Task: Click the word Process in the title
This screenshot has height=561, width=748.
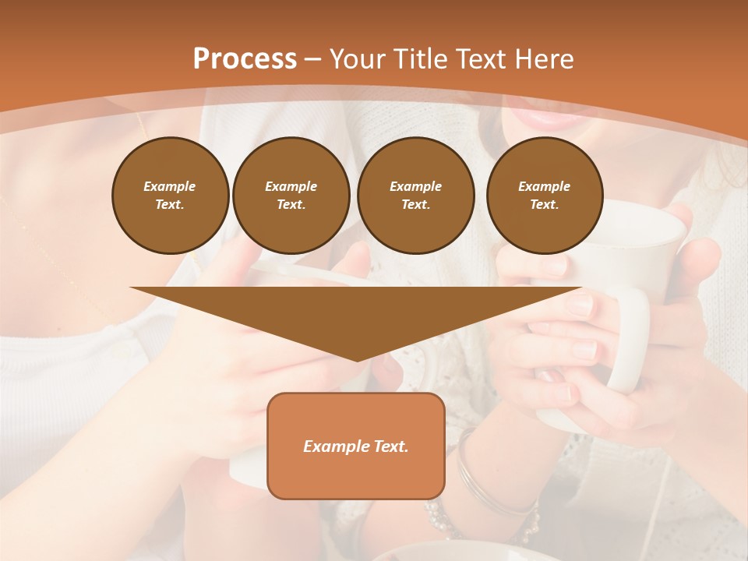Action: [245, 59]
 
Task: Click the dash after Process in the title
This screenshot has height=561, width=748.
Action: [313, 61]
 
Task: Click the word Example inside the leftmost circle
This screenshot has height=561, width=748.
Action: [170, 186]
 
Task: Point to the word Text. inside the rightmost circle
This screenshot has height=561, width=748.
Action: [545, 205]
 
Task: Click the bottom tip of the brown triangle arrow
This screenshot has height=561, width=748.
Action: [357, 360]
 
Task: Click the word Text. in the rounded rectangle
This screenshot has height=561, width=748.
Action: [390, 446]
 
